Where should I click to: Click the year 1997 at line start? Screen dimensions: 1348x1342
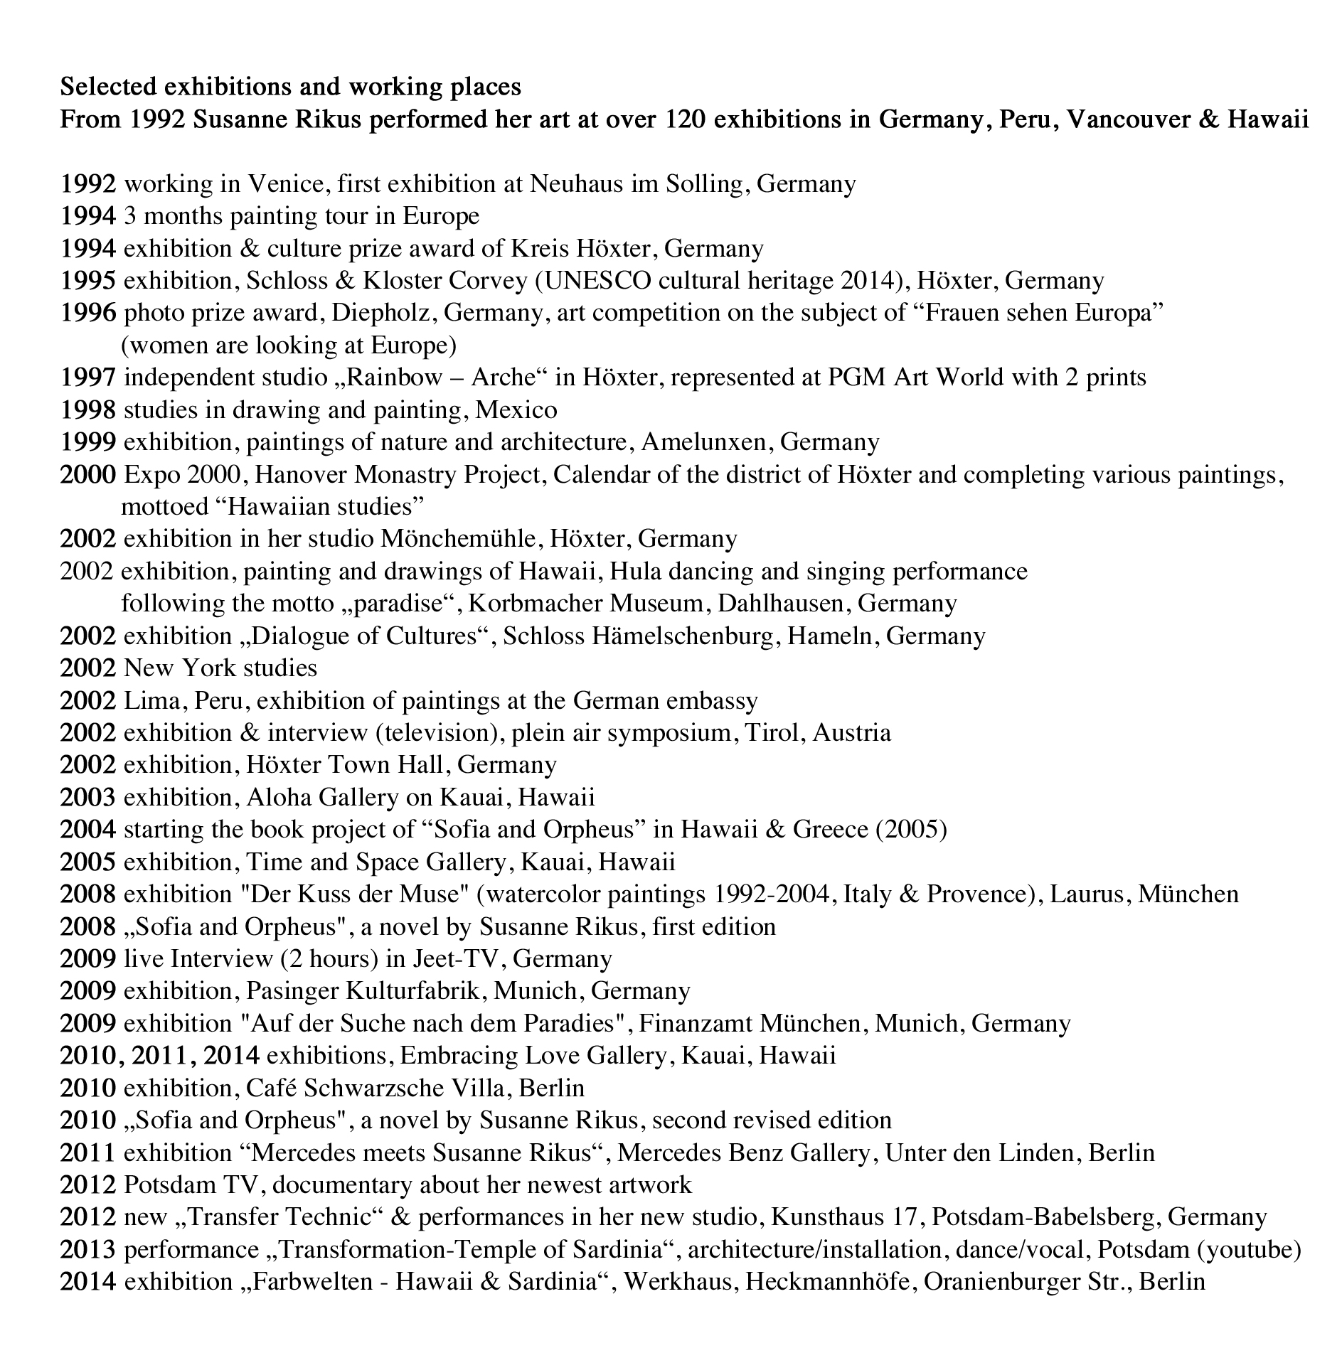tap(87, 378)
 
